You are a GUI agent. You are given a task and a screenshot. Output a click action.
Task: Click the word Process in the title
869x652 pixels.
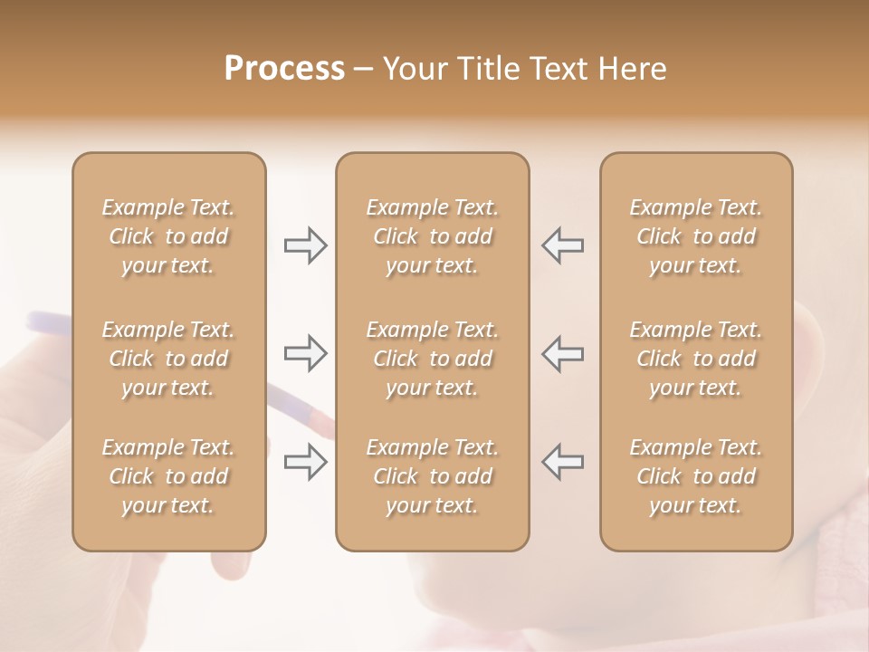(x=284, y=68)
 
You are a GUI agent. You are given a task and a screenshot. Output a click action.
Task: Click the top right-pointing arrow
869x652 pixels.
(x=305, y=244)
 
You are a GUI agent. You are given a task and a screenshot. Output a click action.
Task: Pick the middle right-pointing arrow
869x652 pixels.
(x=305, y=353)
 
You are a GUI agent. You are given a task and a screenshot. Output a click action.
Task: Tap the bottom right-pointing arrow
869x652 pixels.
(x=305, y=461)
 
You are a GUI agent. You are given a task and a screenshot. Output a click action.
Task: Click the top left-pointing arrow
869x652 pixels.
(x=562, y=244)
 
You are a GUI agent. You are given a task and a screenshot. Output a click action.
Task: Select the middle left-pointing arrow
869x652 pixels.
(x=562, y=353)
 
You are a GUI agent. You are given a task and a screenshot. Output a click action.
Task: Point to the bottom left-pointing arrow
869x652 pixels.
(x=562, y=461)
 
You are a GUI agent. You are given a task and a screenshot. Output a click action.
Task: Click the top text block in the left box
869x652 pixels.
(x=168, y=236)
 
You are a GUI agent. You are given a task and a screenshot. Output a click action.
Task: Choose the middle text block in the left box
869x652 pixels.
(x=168, y=359)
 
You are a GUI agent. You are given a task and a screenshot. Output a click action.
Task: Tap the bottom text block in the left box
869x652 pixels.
(x=168, y=476)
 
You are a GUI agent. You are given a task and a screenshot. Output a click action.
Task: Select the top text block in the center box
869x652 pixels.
(x=432, y=236)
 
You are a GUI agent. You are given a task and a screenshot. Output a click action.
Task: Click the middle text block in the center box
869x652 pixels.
(x=432, y=359)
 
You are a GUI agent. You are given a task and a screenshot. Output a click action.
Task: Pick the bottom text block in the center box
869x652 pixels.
(x=432, y=476)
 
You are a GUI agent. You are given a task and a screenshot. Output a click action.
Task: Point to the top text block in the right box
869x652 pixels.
(x=695, y=236)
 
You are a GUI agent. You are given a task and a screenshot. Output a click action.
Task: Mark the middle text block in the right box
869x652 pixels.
(x=695, y=359)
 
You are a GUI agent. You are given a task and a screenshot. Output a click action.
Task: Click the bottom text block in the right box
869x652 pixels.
(x=695, y=476)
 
